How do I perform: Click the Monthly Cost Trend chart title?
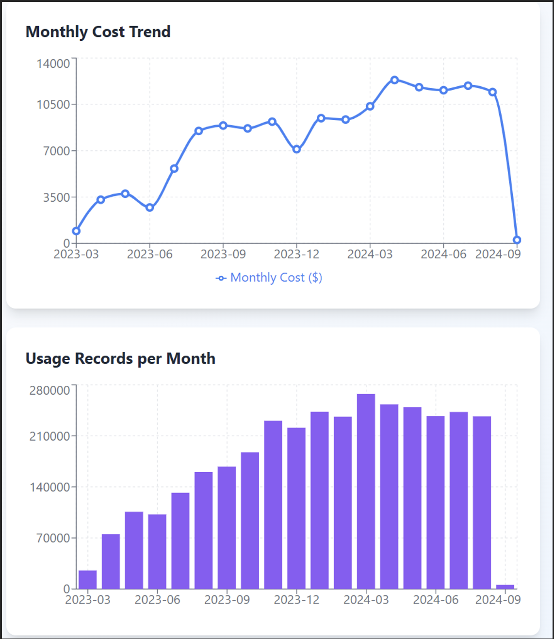98,32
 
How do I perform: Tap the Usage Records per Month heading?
120,359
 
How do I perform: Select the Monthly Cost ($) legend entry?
269,278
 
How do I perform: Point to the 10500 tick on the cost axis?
53,105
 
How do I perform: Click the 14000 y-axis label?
53,64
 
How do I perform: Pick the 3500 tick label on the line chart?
56,197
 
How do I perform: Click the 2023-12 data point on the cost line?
296,149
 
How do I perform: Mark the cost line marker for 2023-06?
150,208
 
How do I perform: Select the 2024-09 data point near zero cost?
517,240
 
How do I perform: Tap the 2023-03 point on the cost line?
76,231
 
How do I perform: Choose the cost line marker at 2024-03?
370,106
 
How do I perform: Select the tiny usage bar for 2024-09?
505,587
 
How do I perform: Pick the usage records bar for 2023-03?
88,579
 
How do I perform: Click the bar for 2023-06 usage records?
157,551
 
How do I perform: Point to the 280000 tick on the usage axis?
49,390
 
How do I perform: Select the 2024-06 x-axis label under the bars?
436,600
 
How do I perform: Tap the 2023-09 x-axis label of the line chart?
223,255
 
